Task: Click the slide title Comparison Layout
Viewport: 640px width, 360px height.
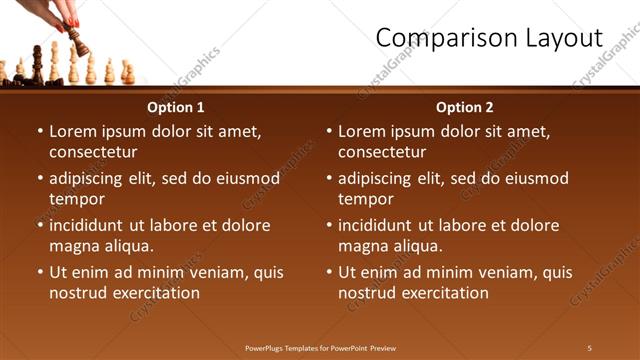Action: point(489,39)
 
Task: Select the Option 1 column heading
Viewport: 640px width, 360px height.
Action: point(176,107)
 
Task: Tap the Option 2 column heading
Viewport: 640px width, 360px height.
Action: point(465,107)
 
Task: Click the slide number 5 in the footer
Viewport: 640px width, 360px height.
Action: point(589,348)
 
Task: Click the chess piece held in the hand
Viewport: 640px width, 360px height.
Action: point(78,42)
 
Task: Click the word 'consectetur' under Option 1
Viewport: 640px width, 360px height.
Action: point(93,152)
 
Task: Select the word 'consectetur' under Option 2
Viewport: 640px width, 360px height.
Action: point(382,152)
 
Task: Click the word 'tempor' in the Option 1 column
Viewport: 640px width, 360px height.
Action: point(76,199)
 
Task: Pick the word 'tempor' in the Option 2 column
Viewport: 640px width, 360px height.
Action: point(365,199)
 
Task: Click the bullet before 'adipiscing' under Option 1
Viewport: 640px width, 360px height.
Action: point(40,179)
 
